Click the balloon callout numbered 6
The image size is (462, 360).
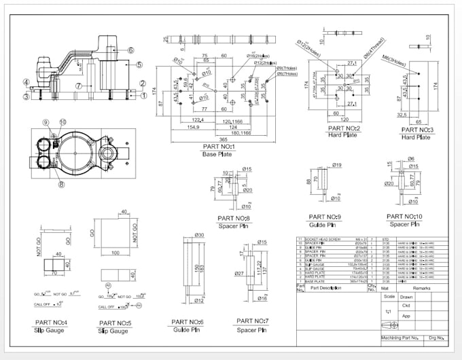130,50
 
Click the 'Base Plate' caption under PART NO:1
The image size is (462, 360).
218,153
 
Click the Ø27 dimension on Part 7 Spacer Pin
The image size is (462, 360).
238,274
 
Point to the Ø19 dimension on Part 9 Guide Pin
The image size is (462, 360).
336,165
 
